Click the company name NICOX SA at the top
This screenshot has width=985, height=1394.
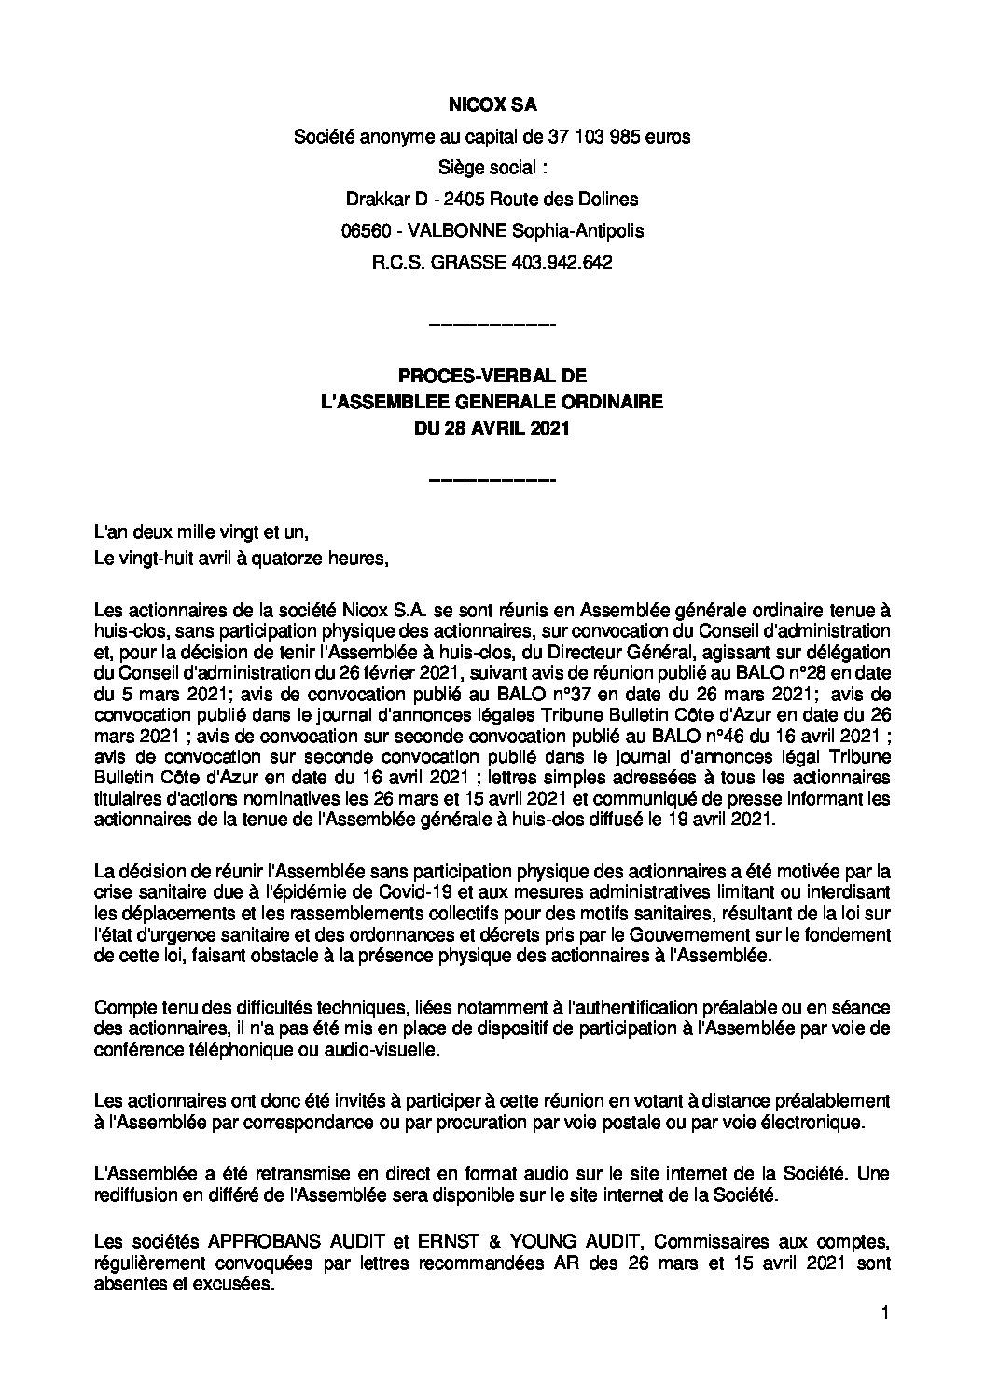(x=492, y=107)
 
